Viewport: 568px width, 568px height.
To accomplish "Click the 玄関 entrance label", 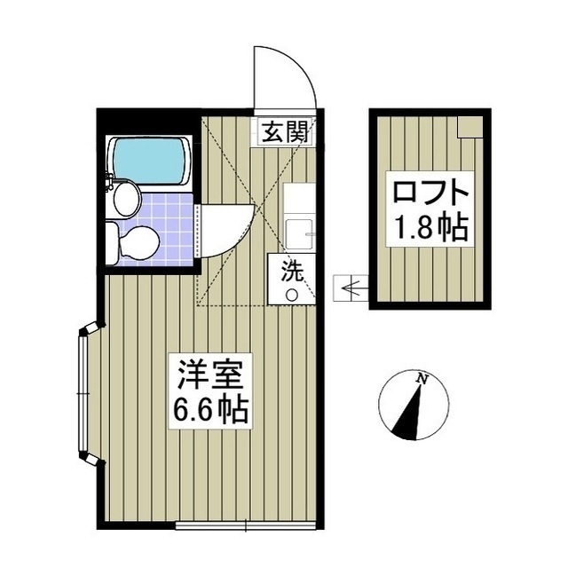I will click(285, 133).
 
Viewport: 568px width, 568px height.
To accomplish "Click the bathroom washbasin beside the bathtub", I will click(123, 197).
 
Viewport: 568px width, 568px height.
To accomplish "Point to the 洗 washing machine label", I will click(292, 271).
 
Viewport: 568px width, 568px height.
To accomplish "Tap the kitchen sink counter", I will click(298, 217).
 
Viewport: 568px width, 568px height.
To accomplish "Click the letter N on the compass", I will click(423, 380).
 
